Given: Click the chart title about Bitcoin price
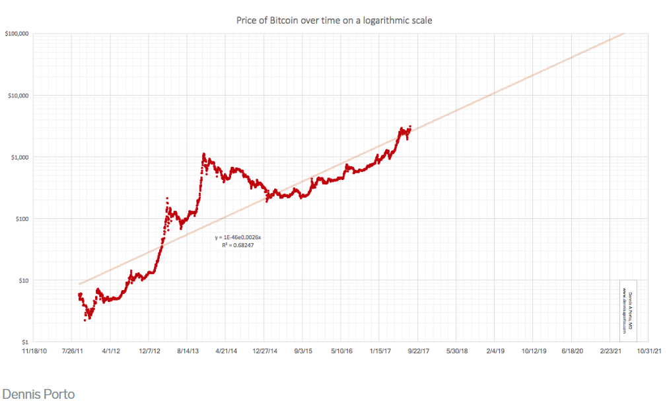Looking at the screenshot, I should coord(333,20).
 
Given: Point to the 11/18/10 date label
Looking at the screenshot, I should coord(34,351).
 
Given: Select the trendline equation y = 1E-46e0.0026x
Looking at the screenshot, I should coord(239,237).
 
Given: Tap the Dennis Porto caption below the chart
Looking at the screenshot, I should coord(38,394).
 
